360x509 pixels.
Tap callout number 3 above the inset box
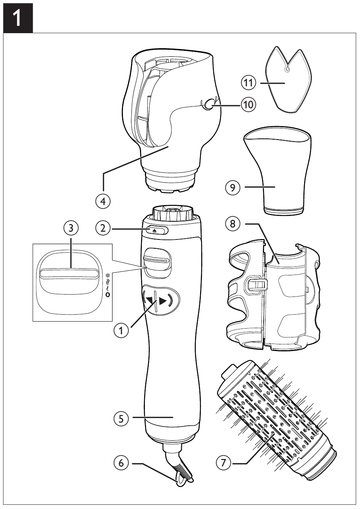(70, 228)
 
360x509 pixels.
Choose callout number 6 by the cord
(121, 463)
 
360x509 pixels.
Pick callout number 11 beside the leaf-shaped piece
(249, 83)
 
